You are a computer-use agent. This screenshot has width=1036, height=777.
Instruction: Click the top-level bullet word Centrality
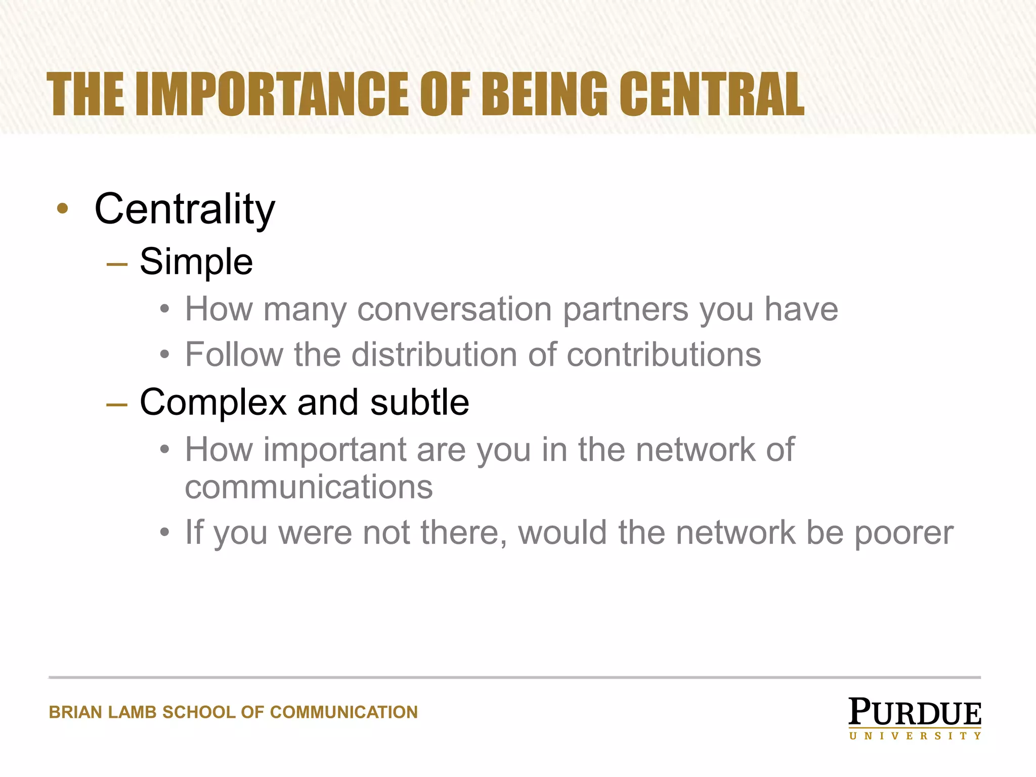click(185, 209)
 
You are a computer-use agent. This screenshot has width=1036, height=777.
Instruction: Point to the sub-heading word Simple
click(196, 262)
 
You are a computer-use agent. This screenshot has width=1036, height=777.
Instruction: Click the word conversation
click(454, 309)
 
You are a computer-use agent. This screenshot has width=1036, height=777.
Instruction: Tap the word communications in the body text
click(309, 487)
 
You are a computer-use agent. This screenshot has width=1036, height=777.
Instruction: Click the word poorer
click(904, 533)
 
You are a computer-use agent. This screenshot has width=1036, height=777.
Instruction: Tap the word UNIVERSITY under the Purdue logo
click(915, 736)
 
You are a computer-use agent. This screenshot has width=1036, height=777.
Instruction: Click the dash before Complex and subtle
click(117, 404)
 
